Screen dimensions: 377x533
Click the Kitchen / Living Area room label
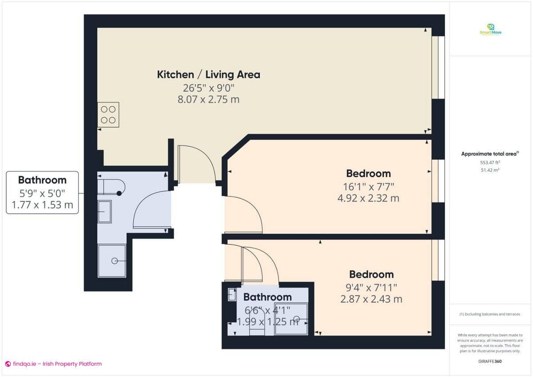(x=208, y=75)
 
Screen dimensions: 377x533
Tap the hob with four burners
(x=108, y=115)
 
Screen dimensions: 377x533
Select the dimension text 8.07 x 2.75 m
(x=208, y=99)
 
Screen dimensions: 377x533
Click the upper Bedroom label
(x=368, y=173)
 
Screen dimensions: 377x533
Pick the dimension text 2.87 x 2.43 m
(x=371, y=299)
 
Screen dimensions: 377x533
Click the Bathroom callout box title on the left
(x=42, y=180)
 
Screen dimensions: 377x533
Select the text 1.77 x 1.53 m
(x=42, y=206)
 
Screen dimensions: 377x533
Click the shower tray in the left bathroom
(x=111, y=261)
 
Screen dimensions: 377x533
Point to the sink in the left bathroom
(x=105, y=211)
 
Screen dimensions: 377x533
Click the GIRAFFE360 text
(x=490, y=361)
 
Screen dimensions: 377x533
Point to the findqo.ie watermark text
(x=53, y=364)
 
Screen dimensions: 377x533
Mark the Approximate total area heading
(x=489, y=154)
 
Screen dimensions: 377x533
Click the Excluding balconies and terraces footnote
(x=489, y=314)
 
